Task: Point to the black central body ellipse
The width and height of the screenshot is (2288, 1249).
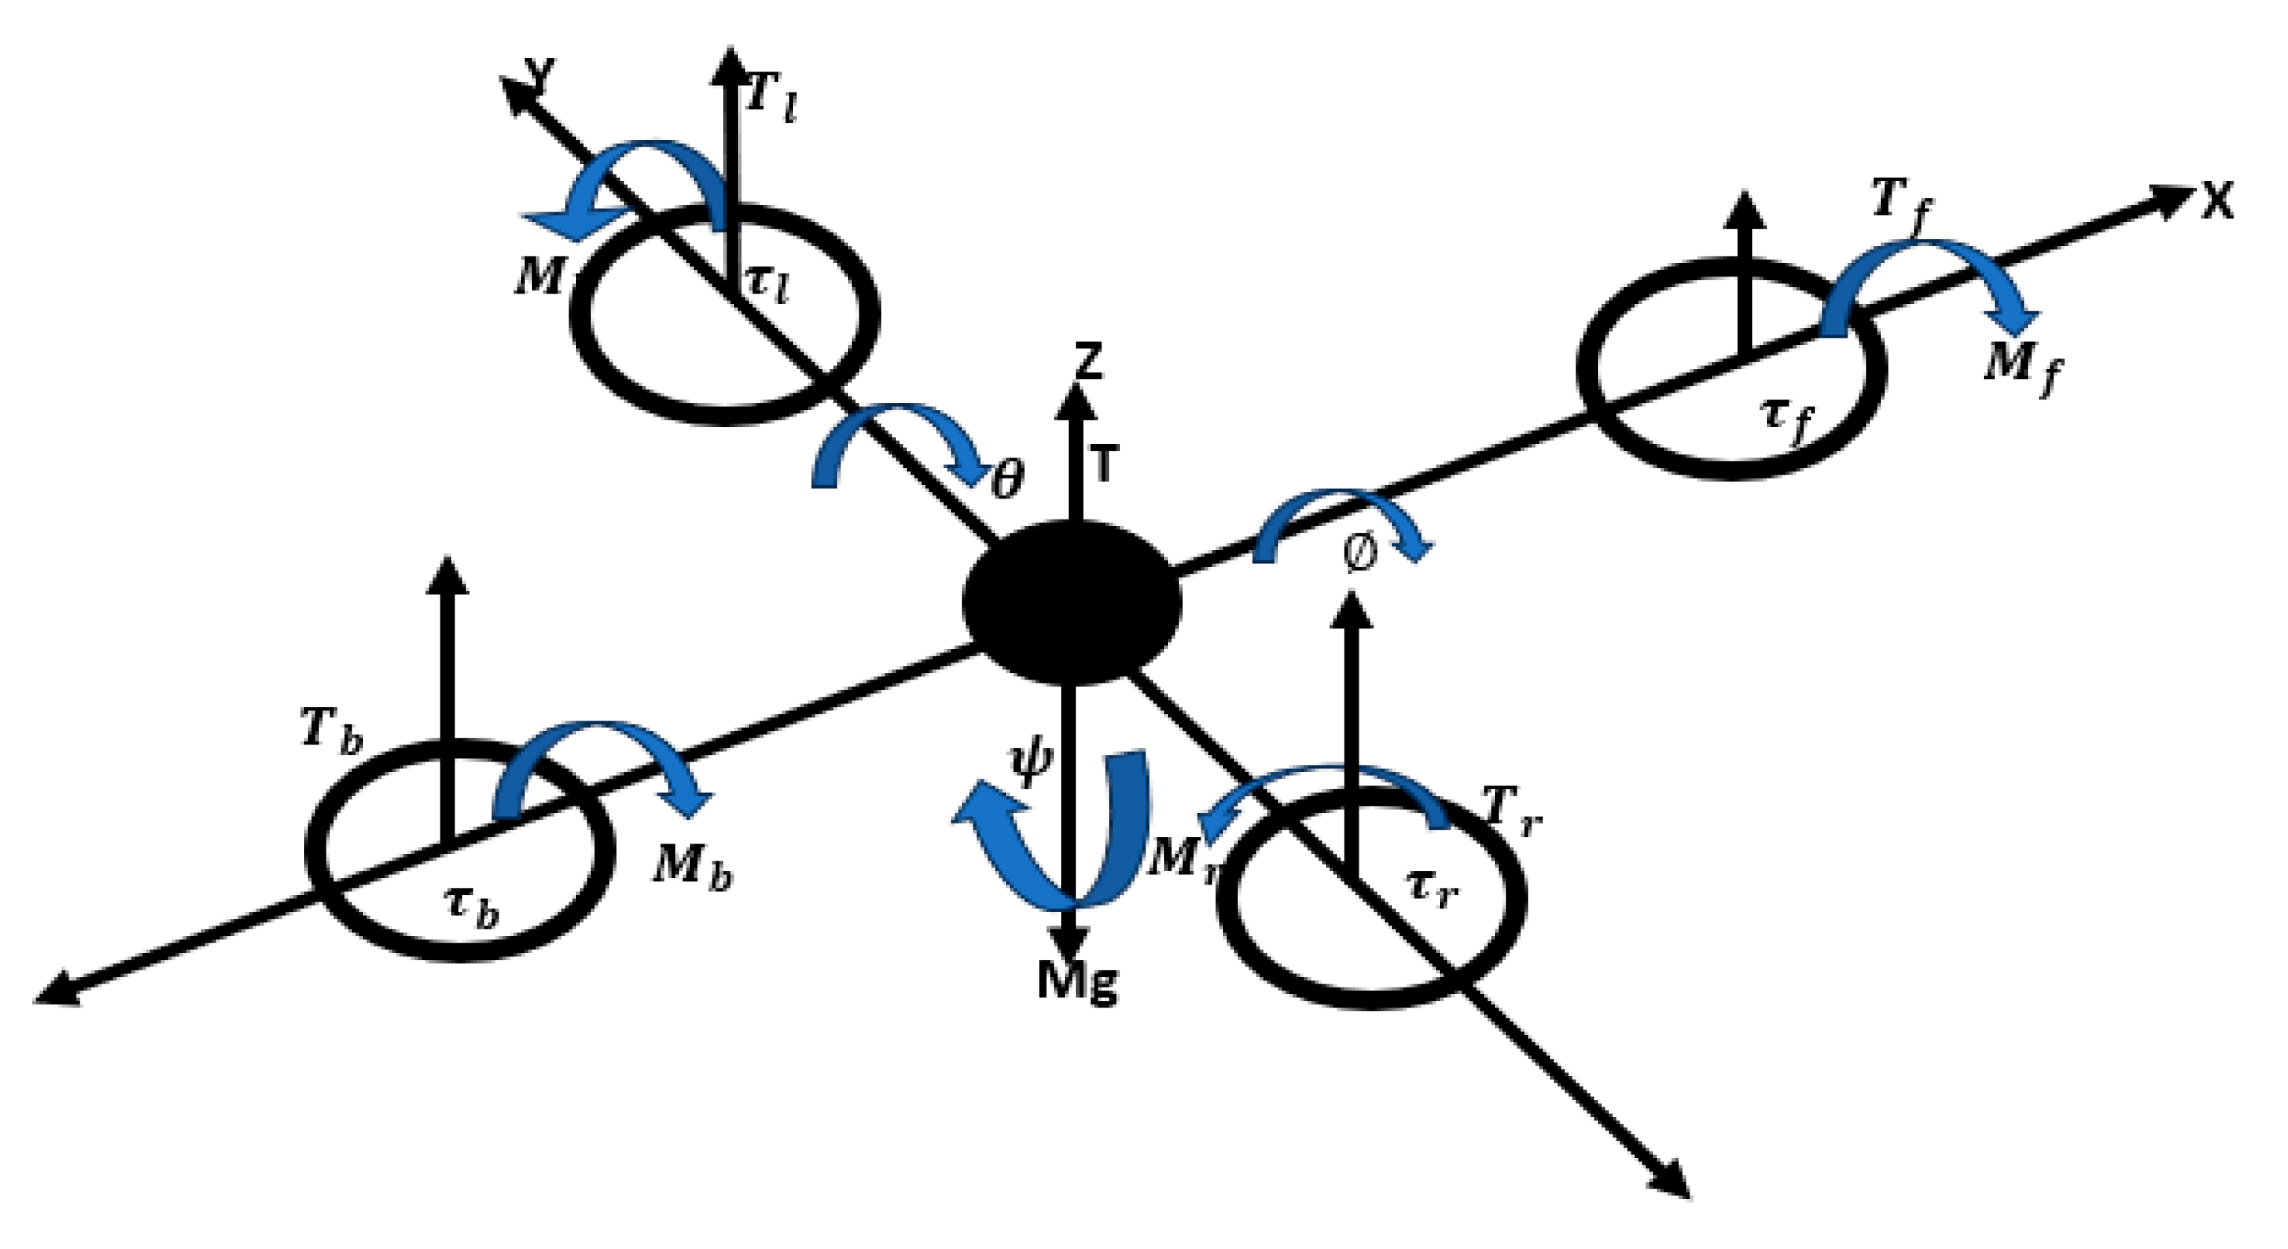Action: tap(1072, 602)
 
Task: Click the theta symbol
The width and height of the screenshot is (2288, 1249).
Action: tap(1006, 481)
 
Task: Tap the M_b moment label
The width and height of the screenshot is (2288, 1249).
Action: tap(693, 867)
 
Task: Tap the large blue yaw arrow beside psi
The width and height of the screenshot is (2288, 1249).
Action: tap(1057, 835)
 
